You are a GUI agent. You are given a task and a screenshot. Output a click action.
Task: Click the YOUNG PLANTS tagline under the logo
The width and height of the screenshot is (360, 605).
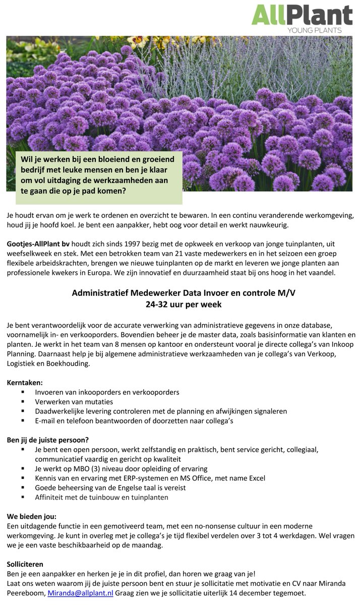[314, 30]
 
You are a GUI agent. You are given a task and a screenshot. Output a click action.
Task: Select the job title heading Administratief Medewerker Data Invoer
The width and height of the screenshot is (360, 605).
[180, 293]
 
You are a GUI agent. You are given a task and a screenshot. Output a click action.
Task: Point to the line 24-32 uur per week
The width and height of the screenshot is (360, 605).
[180, 305]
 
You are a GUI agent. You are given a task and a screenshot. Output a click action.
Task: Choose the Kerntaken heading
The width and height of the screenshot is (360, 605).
[25, 383]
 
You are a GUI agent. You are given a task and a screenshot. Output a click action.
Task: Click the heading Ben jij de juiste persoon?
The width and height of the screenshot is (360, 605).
[48, 440]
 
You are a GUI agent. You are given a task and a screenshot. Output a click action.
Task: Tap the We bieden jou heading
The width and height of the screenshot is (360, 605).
[32, 516]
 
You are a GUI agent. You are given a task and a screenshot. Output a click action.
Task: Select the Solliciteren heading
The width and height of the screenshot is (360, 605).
[25, 564]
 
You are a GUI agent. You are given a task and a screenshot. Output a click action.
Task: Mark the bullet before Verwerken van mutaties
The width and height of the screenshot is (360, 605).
[23, 402]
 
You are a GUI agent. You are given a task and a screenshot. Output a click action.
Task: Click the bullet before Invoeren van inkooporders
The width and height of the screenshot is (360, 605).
[23, 392]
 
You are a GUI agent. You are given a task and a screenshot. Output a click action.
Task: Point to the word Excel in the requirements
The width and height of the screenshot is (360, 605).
[255, 478]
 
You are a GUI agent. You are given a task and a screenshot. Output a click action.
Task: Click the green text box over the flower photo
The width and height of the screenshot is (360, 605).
[98, 175]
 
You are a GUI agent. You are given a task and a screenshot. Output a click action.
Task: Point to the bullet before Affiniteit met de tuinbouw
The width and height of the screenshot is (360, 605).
[23, 497]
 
